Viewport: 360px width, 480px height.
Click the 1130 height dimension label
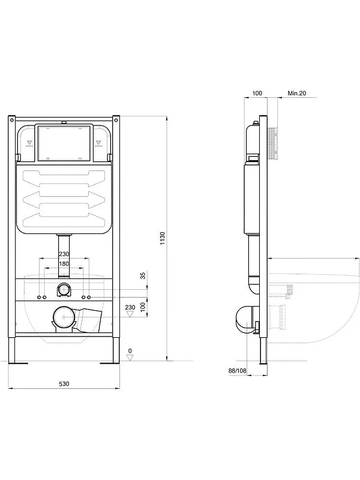(163, 238)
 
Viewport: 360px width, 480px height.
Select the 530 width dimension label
(64, 384)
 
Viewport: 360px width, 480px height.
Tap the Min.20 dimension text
(296, 93)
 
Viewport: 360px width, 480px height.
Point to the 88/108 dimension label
(237, 371)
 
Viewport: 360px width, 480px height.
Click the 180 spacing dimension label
(64, 263)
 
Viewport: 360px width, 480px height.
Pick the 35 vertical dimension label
(143, 276)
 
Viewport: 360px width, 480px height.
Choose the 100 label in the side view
(257, 93)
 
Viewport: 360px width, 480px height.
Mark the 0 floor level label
(130, 350)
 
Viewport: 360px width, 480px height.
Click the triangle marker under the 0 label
(130, 358)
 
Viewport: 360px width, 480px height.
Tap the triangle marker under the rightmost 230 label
(130, 314)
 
